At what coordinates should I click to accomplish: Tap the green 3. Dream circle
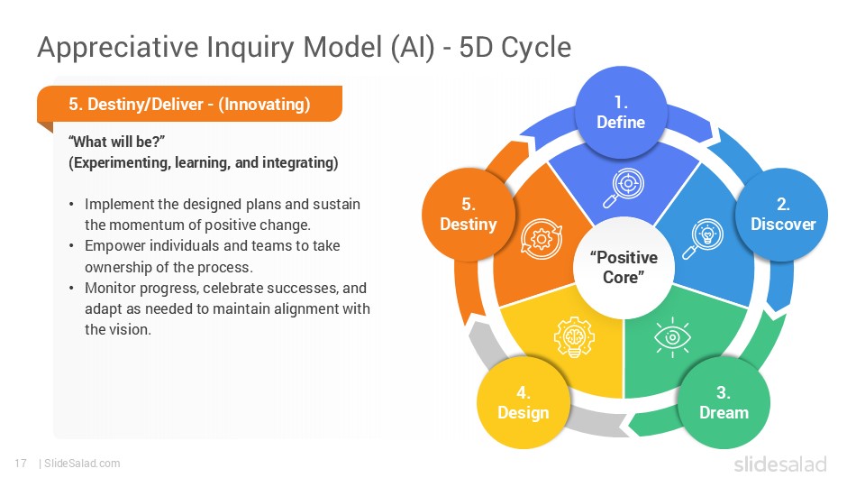tap(724, 403)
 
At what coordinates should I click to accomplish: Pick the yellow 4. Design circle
tap(523, 403)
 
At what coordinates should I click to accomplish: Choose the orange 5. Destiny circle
tap(468, 214)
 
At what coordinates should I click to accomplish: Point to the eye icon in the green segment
tap(672, 337)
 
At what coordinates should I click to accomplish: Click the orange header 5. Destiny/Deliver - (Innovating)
tap(189, 105)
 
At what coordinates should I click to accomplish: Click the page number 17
tap(21, 464)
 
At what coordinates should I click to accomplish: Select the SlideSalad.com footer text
tap(82, 464)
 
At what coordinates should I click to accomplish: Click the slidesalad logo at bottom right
tap(779, 464)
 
